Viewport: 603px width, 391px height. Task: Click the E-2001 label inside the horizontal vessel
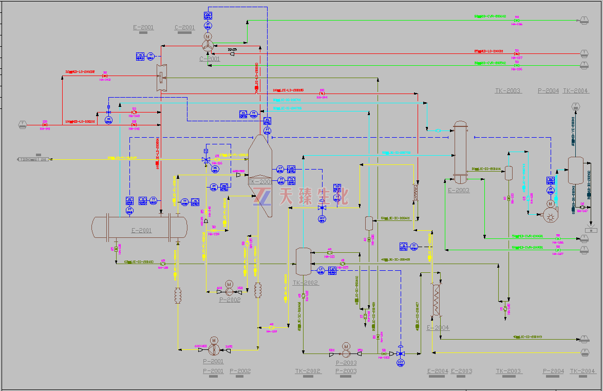[142, 231]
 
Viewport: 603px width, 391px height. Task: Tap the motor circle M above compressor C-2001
[208, 37]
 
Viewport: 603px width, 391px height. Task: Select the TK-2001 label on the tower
[259, 182]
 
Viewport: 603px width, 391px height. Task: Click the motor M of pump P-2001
[214, 341]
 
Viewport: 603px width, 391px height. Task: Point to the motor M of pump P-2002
[229, 285]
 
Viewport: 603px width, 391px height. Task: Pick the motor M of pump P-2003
[346, 346]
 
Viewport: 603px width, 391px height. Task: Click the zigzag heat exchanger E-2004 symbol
[437, 300]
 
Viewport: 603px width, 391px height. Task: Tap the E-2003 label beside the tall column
[459, 190]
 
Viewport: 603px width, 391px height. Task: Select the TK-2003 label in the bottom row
[508, 371]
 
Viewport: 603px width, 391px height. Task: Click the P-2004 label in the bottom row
[553, 371]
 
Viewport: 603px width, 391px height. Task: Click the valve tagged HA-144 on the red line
[322, 94]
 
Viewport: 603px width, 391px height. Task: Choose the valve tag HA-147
[582, 211]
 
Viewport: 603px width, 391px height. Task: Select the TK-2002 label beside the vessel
[306, 283]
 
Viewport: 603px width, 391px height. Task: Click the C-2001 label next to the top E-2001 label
[185, 28]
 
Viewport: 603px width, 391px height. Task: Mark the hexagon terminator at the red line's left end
[23, 124]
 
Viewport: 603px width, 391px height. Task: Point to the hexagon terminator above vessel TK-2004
[575, 106]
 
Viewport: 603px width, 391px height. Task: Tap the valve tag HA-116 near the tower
[217, 163]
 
